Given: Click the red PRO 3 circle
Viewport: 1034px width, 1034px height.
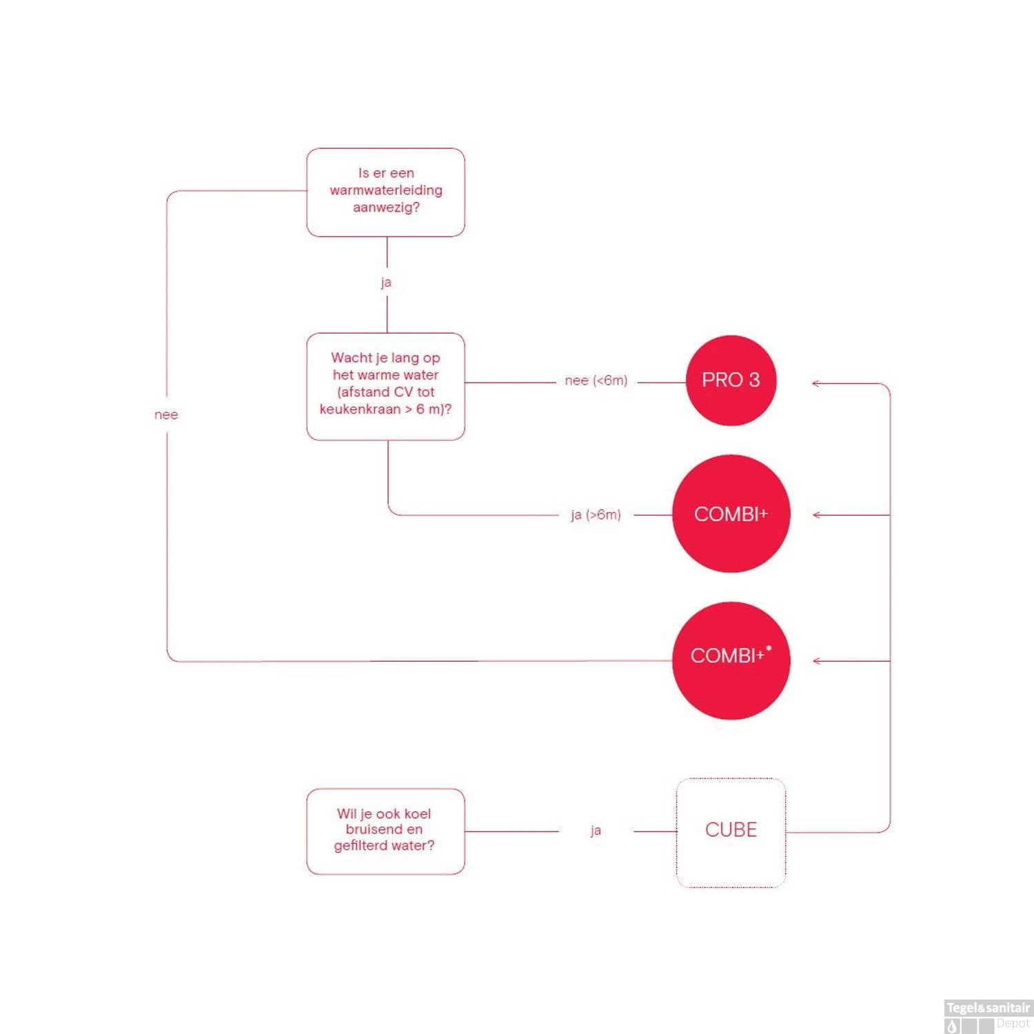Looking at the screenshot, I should tap(731, 381).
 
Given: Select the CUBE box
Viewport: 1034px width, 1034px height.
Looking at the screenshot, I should tap(731, 832).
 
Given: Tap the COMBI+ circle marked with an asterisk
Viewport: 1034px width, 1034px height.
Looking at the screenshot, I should tap(731, 660).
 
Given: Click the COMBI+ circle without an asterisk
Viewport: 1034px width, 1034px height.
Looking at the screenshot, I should tap(731, 514).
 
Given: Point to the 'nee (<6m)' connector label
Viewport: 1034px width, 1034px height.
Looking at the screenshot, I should tap(596, 381).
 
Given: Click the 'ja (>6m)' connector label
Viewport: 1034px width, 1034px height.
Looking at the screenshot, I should tap(596, 515).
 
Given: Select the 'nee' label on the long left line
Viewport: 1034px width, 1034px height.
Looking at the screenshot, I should tap(166, 415).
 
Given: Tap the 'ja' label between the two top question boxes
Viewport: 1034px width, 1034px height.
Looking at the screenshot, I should tap(386, 282).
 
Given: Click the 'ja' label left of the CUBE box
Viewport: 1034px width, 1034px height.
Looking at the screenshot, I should tap(596, 831).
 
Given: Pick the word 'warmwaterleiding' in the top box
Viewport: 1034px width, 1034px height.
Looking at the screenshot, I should tap(386, 190).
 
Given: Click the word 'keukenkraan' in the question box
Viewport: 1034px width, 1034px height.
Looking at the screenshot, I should tap(360, 409).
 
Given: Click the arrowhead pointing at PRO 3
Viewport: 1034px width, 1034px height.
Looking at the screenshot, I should tap(815, 383).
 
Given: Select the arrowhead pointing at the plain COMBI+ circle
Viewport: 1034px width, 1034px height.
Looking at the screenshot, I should tap(817, 515).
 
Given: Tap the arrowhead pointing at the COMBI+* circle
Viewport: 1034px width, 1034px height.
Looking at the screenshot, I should tap(817, 661).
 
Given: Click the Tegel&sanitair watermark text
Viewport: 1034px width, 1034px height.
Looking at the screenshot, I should tap(988, 1008).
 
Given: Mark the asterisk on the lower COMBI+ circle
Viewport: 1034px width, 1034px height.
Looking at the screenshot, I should tap(769, 648).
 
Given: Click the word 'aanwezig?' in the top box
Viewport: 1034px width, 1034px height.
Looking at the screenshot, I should tap(386, 207).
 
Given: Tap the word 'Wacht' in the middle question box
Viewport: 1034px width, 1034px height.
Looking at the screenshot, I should tap(352, 358).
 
